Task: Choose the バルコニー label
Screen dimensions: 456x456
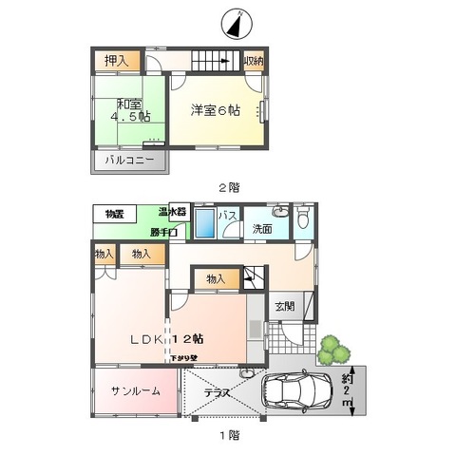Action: click(x=128, y=161)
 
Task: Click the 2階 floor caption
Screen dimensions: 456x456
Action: click(x=227, y=188)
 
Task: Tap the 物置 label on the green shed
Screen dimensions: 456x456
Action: click(x=115, y=214)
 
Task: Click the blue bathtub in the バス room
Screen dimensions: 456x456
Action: click(x=205, y=226)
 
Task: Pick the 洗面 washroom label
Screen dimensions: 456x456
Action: click(x=262, y=229)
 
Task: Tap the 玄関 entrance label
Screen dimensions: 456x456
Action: click(x=284, y=306)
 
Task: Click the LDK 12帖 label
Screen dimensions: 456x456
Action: click(x=168, y=338)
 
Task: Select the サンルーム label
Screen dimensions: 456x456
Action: click(x=134, y=391)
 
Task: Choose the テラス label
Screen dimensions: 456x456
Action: click(x=218, y=391)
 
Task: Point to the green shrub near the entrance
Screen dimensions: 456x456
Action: click(x=332, y=351)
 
